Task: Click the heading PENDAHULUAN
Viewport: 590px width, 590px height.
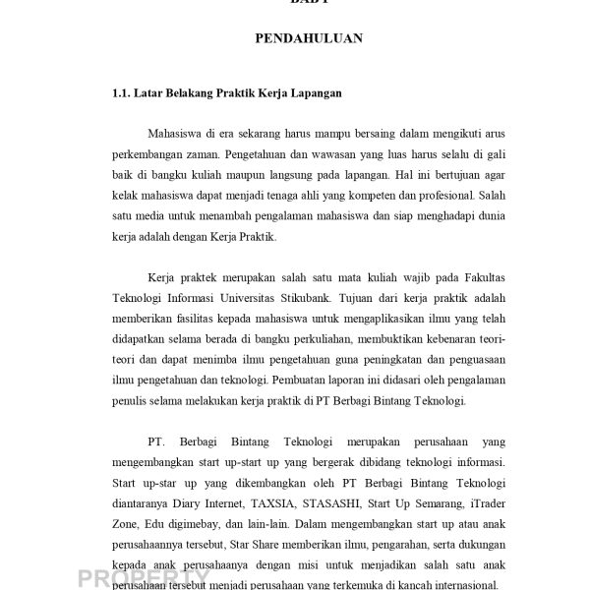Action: coord(309,39)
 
